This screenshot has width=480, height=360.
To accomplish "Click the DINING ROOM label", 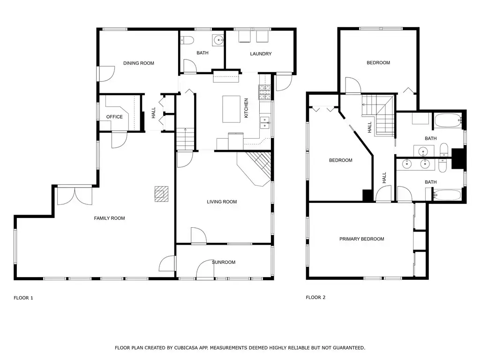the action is [139, 63].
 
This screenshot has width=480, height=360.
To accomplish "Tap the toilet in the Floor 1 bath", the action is [187, 40].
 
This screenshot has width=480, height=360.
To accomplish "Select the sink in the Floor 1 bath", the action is [218, 40].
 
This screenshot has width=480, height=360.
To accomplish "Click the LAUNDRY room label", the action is [261, 53].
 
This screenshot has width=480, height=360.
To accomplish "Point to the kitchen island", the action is [231, 109].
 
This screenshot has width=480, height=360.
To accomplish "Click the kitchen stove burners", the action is [265, 92].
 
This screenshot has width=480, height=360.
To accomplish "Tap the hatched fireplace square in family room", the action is [161, 194].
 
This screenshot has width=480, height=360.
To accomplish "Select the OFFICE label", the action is [114, 117].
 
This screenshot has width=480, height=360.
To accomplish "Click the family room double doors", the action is [75, 195].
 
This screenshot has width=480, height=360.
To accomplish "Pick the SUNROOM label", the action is [224, 262].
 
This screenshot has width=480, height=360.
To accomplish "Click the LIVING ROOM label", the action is [222, 202].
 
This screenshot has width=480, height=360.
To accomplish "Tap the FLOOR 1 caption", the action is [23, 298].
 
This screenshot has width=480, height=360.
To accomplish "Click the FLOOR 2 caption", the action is [315, 297].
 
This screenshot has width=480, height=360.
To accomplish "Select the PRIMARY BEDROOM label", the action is [362, 239].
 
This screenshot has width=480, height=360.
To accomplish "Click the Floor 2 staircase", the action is [378, 115].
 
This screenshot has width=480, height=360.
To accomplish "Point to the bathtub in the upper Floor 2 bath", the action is [448, 121].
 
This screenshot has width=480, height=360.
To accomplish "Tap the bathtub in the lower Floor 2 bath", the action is [448, 195].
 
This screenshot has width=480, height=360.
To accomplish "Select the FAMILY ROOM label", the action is [109, 218].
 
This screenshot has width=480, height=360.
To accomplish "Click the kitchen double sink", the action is [265, 122].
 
